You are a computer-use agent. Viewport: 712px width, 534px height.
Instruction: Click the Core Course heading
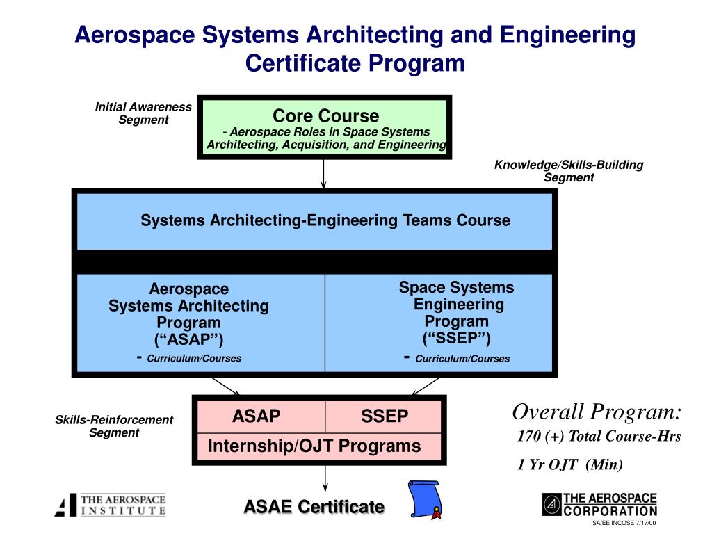coord(325,115)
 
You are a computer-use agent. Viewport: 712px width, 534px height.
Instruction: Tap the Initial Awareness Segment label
coord(143,113)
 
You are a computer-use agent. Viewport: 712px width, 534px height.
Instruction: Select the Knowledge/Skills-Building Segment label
coord(569,171)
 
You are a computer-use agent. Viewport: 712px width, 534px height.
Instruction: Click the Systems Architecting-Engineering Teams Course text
coord(325,220)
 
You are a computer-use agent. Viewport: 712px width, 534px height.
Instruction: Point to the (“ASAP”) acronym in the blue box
coord(188,339)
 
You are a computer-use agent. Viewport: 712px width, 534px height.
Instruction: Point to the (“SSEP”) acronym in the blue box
coord(456,338)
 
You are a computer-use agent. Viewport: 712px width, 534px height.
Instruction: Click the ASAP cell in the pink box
coord(256,416)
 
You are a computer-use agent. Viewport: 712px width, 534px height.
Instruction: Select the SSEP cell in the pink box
coord(385,416)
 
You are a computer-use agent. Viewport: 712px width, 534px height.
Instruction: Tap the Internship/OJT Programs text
coord(314,446)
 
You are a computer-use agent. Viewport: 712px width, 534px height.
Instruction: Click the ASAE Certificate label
coord(314,507)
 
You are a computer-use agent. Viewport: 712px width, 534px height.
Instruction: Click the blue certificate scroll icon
coord(424,499)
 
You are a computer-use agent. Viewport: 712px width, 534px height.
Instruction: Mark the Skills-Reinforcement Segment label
coord(114,426)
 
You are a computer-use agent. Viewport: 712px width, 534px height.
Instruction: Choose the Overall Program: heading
coord(597,412)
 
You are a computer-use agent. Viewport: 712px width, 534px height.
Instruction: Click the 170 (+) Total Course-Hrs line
coord(599,437)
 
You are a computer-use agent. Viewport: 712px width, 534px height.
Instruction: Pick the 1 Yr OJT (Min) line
coord(570,465)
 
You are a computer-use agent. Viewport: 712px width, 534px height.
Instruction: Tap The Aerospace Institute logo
coord(111,505)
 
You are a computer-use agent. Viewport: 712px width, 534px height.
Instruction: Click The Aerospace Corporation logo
coord(599,504)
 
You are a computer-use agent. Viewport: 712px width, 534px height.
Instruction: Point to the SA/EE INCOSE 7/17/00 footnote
coord(624,523)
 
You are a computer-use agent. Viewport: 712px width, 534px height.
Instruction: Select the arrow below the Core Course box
coord(324,174)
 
